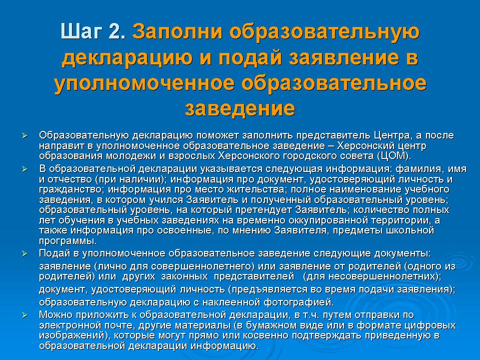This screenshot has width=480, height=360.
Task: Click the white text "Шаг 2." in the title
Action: point(93,31)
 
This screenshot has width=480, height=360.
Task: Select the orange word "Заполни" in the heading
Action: point(177,31)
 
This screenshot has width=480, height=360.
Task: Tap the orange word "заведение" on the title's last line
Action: point(240,108)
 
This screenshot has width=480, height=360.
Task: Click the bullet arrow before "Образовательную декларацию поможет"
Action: point(25,135)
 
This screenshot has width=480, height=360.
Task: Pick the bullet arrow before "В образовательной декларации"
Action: point(25,169)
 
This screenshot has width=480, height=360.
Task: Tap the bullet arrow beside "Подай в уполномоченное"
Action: point(25,254)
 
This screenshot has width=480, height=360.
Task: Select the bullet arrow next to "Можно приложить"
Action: point(25,315)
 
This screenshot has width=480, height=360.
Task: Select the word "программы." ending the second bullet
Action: point(68,241)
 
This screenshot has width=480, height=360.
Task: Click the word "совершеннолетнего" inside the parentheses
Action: point(202,266)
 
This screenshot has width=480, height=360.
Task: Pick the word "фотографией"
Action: point(298,302)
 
